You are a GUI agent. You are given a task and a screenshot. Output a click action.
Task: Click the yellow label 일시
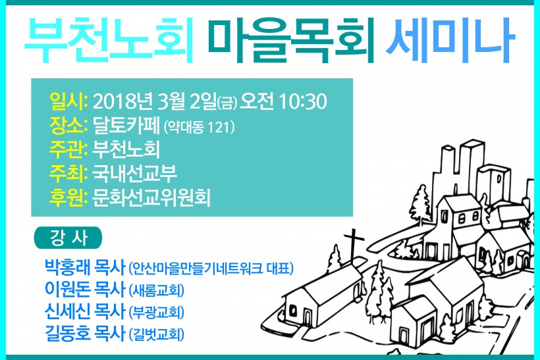click(x=67, y=102)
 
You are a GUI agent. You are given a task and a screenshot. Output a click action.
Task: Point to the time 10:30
click(x=303, y=102)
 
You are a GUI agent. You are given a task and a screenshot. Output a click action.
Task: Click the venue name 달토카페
click(x=126, y=126)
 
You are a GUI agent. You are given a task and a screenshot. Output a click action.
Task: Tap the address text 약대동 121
click(x=200, y=127)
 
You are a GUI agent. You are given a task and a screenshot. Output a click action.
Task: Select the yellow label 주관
click(x=67, y=149)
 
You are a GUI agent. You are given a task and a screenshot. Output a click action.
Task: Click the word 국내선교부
click(x=134, y=174)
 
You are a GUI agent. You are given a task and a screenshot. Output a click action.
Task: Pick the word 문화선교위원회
click(x=151, y=197)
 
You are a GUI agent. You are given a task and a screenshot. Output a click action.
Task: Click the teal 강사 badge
click(x=68, y=238)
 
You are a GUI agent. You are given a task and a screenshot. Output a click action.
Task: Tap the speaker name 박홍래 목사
click(x=85, y=267)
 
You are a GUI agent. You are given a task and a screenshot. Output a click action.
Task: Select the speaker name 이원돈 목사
click(x=85, y=289)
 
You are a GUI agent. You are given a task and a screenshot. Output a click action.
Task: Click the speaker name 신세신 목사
click(x=85, y=311)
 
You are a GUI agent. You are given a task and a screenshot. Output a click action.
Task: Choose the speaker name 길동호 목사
click(x=85, y=334)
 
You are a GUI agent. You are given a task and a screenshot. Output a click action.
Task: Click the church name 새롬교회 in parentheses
click(x=156, y=291)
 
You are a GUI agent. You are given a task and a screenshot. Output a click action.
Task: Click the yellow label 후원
click(x=67, y=197)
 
